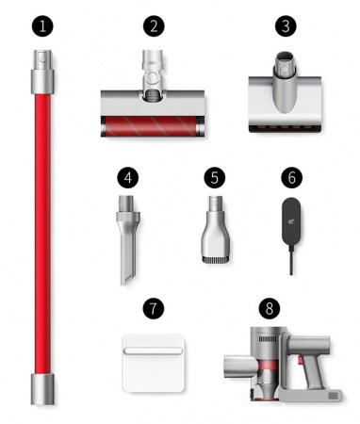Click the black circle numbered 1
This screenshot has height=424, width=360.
42,25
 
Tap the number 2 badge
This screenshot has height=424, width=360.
154,25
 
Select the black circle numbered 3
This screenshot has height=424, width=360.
286,25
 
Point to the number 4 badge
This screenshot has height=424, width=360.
127,177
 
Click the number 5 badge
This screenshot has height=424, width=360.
215,177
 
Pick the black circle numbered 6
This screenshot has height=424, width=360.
291,177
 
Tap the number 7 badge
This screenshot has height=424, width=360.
154,308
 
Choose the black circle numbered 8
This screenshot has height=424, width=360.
270,308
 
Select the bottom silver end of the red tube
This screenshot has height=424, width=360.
42,389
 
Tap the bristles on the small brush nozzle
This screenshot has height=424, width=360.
215,259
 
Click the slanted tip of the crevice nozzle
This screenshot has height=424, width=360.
127,279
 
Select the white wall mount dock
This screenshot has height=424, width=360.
153,363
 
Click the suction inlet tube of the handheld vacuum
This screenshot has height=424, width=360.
240,366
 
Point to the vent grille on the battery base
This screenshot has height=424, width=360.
335,395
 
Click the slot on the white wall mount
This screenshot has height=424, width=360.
153,351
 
